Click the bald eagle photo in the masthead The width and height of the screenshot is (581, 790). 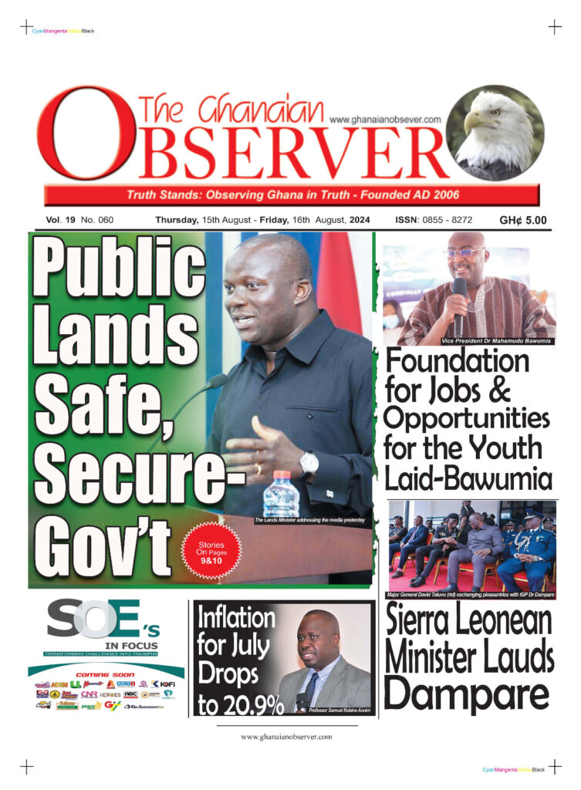coord(495,133)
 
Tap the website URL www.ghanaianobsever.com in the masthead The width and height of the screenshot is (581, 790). coord(384,120)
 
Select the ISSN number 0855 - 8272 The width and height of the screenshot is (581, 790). coord(434,220)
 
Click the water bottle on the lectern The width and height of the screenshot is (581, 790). coord(281,494)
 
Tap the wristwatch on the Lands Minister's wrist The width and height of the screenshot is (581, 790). coord(309,464)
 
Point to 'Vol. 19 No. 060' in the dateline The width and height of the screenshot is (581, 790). coord(79,220)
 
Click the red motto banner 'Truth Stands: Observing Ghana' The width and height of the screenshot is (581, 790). coord(291,194)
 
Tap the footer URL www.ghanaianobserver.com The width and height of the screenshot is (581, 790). coord(286,737)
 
